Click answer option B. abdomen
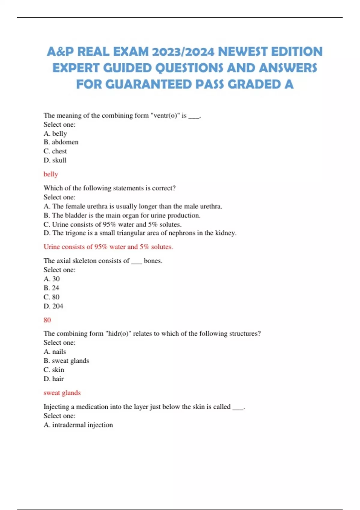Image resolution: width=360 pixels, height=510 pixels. tap(61, 142)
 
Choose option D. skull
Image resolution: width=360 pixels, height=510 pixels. tap(55, 160)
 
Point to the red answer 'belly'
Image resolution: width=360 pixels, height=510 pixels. tap(51, 174)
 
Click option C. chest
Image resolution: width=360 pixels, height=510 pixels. tap(55, 151)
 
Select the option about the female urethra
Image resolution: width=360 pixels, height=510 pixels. tap(133, 206)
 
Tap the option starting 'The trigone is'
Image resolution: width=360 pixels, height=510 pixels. tap(140, 233)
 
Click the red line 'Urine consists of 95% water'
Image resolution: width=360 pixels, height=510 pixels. tap(108, 247)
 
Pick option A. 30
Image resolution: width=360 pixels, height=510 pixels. tap(52, 279)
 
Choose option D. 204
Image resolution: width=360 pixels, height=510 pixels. tap(53, 306)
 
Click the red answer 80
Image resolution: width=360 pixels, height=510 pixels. tap(47, 320)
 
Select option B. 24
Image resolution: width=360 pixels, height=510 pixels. tap(51, 288)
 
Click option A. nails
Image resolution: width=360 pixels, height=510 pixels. tap(55, 352)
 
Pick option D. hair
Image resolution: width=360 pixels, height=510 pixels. tap(54, 379)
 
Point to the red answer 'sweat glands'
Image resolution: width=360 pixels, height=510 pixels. tap(62, 393)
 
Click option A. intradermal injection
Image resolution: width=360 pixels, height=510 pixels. tap(78, 425)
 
